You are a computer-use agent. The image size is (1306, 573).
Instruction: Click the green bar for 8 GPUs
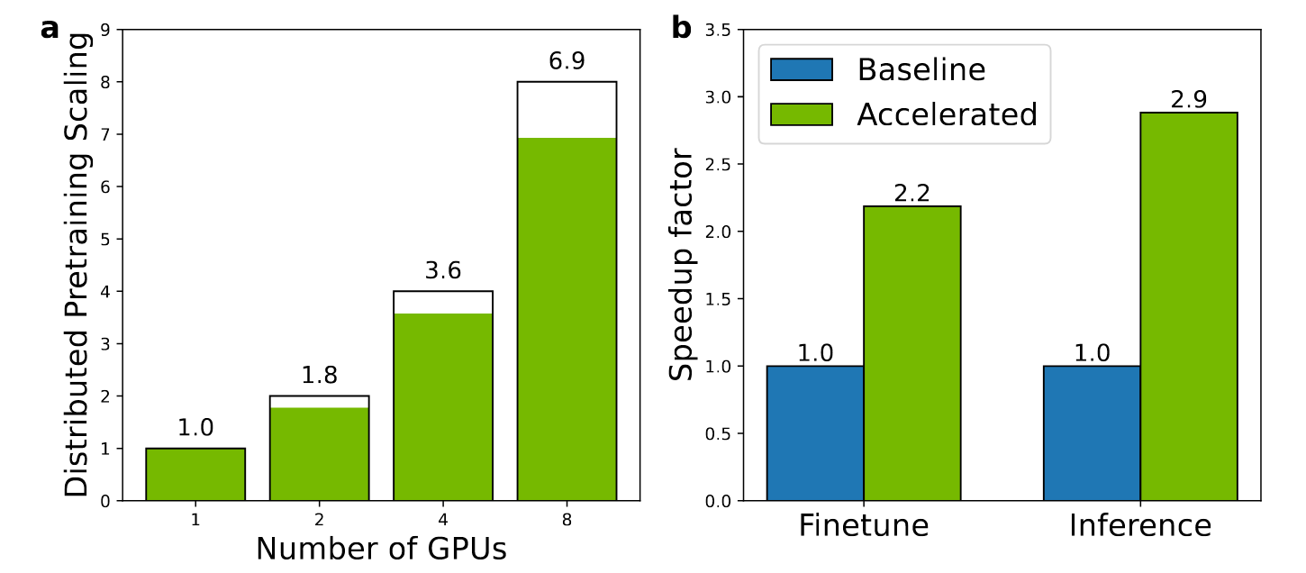pos(567,319)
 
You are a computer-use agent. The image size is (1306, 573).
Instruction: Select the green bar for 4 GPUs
pos(443,406)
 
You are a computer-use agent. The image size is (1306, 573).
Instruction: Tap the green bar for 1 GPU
pos(195,474)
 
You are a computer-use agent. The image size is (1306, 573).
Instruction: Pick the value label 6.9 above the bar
pos(567,61)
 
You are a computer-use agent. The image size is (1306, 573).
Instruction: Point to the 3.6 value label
pos(443,271)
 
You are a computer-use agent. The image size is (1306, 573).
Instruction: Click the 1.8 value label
pos(320,376)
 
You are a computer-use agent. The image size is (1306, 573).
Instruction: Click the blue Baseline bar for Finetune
pos(815,432)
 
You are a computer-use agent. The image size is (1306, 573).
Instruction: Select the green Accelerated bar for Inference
pos(1189,306)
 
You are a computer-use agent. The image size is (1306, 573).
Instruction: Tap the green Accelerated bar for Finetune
pos(911,353)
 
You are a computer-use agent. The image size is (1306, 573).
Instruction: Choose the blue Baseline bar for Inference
pos(1092,432)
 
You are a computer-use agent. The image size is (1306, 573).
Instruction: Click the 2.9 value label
pos(1189,100)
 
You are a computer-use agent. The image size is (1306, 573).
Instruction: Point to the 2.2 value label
pos(911,194)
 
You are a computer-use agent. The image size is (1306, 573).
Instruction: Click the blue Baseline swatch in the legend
pos(802,70)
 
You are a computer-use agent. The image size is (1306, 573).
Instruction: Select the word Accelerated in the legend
pos(947,114)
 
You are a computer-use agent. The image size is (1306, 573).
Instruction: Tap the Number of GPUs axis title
pos(381,549)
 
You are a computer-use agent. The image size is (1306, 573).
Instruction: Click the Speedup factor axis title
pos(683,265)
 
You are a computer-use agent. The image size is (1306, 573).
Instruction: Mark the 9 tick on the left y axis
pos(105,30)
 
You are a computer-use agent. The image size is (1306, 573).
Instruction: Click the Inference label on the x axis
pos(1140,525)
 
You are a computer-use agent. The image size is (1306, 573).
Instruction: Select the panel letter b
pos(682,28)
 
